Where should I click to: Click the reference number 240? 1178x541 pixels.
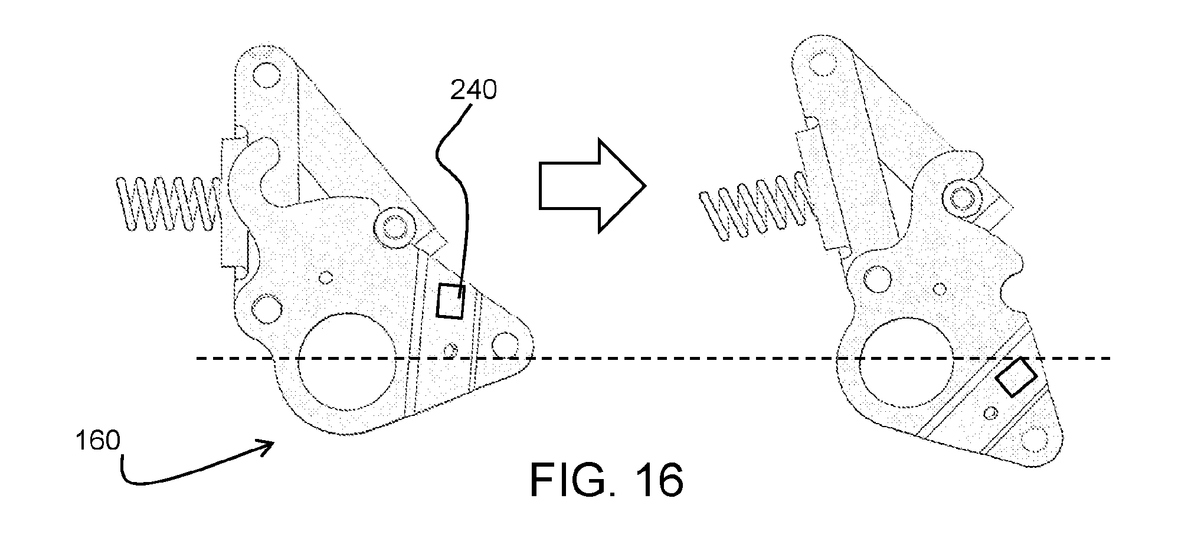[473, 90]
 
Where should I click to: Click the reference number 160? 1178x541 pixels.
[97, 441]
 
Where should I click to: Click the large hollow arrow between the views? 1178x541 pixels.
[592, 185]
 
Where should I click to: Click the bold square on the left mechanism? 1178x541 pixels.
[450, 301]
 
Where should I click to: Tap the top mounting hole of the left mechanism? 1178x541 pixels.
[263, 74]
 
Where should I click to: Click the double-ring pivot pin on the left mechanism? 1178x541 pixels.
[392, 227]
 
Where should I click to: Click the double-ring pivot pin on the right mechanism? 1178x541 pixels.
[963, 198]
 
